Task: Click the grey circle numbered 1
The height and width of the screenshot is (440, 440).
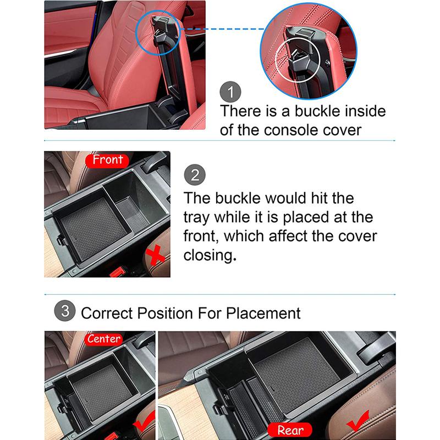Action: click(230, 92)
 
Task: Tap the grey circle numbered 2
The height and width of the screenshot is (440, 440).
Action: click(195, 174)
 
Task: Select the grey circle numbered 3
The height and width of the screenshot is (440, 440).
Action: click(65, 311)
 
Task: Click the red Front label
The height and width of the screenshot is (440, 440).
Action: click(107, 160)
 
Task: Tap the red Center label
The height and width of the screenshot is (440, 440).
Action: click(104, 339)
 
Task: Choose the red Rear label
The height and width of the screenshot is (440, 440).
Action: click(290, 430)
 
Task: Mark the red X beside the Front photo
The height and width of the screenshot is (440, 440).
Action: click(155, 255)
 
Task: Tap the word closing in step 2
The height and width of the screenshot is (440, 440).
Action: click(210, 255)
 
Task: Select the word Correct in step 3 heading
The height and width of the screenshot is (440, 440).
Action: click(107, 313)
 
